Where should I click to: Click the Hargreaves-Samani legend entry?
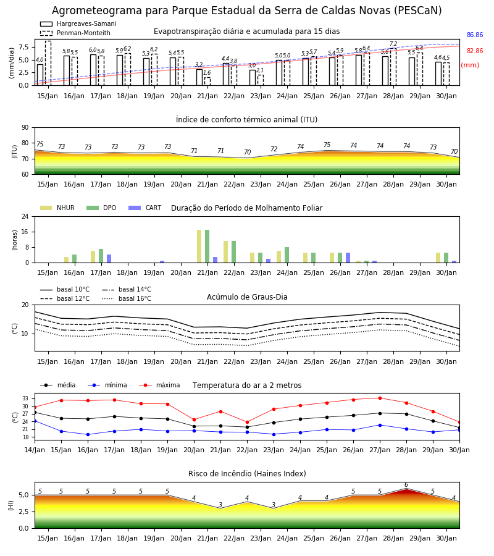[x=78, y=23]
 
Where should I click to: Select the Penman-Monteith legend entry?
[x=75, y=33]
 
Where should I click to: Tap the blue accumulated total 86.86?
[x=475, y=35]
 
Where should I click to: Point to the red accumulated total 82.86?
[x=475, y=51]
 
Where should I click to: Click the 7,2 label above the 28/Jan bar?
[x=393, y=44]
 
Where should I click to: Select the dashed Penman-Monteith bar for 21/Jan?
[x=207, y=81]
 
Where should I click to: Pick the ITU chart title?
[x=246, y=119]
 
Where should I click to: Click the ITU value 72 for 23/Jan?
[x=274, y=149]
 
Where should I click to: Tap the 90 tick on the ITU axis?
[x=25, y=128]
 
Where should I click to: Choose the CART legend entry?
[x=145, y=208]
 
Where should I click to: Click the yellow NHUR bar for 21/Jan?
[x=199, y=246]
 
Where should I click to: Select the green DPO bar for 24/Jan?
[x=287, y=255]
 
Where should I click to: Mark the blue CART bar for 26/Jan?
[x=348, y=258]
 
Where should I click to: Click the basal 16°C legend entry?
[x=127, y=298]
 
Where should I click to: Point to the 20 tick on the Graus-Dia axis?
[x=25, y=305]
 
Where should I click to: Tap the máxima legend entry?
[x=160, y=385]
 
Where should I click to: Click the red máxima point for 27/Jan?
[x=380, y=398]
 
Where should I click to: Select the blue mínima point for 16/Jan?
[x=88, y=434]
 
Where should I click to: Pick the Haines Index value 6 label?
[x=406, y=485]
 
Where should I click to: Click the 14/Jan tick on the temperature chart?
[x=35, y=450]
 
